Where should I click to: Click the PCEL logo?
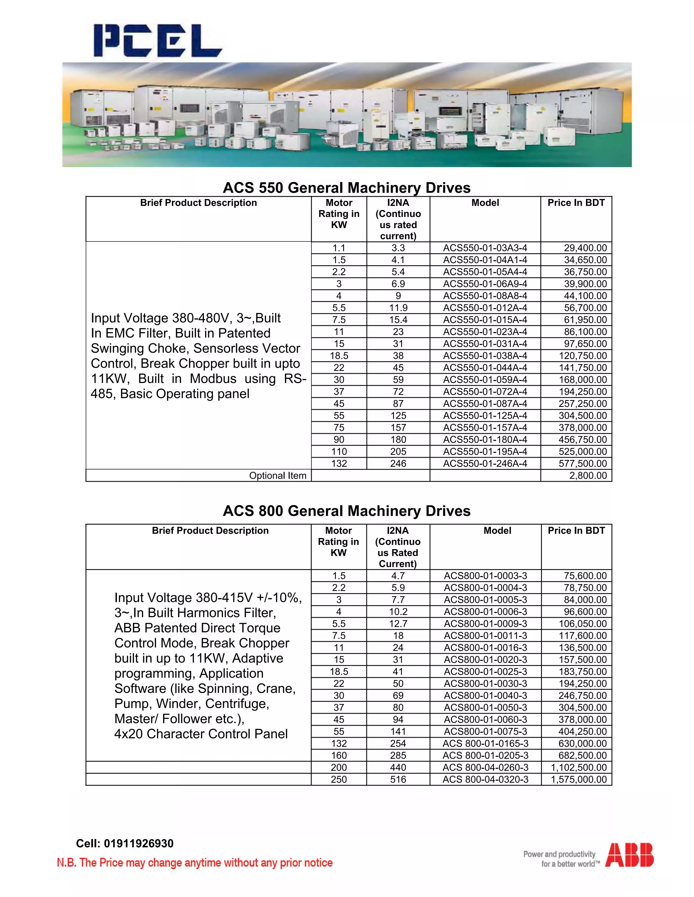(x=158, y=40)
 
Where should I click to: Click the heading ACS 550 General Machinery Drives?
(x=347, y=188)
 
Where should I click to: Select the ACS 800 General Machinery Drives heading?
(x=347, y=511)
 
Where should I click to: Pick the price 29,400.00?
(x=585, y=248)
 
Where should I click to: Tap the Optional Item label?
(x=278, y=476)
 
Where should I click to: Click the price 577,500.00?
(x=582, y=464)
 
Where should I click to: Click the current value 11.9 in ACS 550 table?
(x=398, y=308)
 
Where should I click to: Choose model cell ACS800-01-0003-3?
(x=485, y=576)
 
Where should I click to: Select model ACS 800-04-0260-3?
(x=485, y=768)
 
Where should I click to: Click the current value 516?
(x=398, y=780)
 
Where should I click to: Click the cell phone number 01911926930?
(x=139, y=844)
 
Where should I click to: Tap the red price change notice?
(x=195, y=863)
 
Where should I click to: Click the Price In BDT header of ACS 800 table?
(x=576, y=531)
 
